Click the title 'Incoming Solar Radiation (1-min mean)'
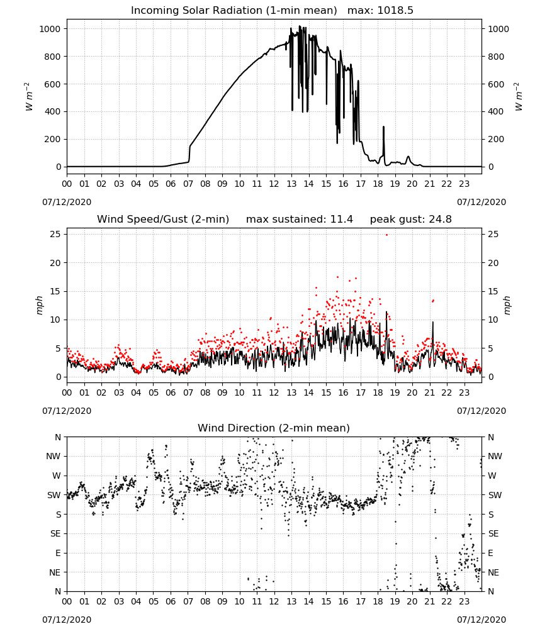pos(234,11)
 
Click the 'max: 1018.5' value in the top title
pos(380,11)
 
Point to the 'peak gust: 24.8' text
pos(410,220)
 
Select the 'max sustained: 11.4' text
pos(300,220)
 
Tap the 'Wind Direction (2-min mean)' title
pos(274,428)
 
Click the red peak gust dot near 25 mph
pos(386,235)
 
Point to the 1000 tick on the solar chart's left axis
pos(50,29)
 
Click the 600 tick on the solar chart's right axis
pos(496,84)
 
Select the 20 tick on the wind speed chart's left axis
pos(55,263)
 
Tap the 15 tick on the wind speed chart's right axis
pos(493,292)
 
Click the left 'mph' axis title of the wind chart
pos(39,305)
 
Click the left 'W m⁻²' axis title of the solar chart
pos(28,97)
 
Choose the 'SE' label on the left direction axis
pos(55,534)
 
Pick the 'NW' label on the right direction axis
pos(495,457)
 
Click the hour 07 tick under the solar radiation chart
pos(188,184)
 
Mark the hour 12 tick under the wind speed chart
pos(274,392)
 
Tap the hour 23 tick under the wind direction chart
pos(465,601)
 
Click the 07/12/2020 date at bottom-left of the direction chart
pos(67,620)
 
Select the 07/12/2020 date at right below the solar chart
pos(481,202)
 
